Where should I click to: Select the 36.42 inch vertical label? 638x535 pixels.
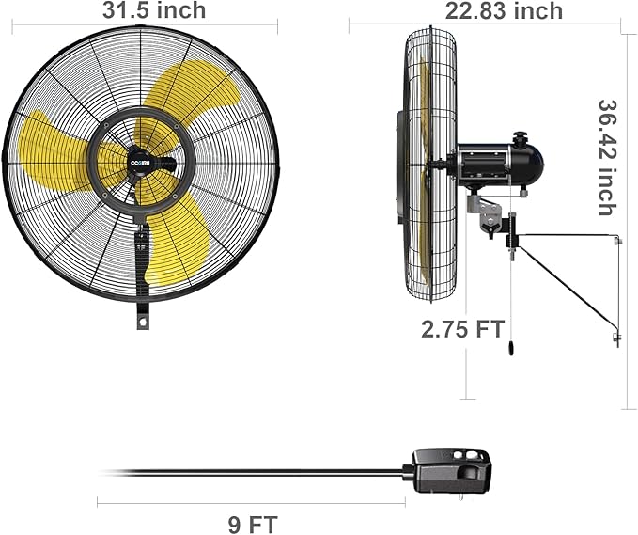[608, 157]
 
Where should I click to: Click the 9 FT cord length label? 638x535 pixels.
[253, 523]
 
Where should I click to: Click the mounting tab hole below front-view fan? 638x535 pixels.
[143, 322]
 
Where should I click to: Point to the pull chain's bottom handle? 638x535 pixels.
[510, 349]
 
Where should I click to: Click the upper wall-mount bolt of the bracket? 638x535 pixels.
[616, 242]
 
